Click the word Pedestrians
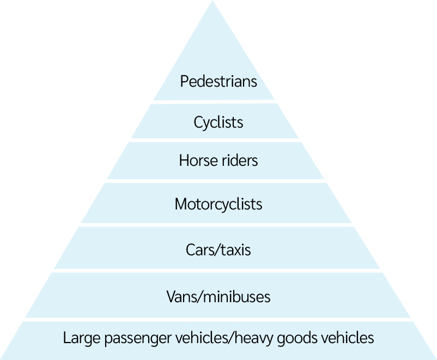(x=218, y=82)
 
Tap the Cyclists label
(x=218, y=122)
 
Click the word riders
(x=237, y=161)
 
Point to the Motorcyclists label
(x=218, y=204)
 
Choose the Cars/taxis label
(x=218, y=250)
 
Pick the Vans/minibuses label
(x=218, y=297)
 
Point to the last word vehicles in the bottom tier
(x=349, y=338)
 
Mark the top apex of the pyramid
(x=212, y=2)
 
